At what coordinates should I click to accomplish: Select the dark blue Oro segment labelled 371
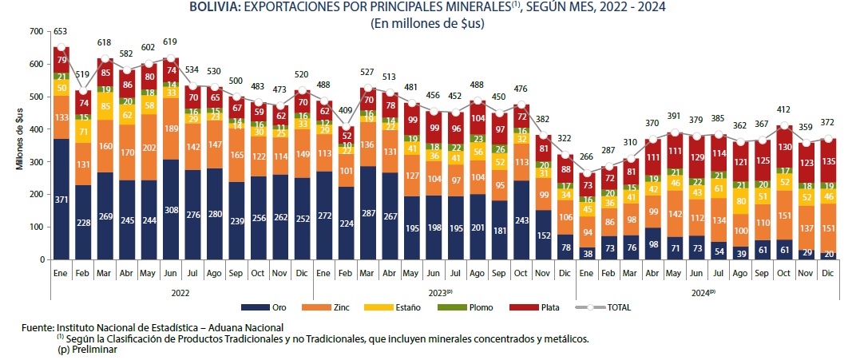[x=61, y=199]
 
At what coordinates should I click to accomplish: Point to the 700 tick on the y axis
[x=34, y=31]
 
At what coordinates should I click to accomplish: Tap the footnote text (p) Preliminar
[x=87, y=350]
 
